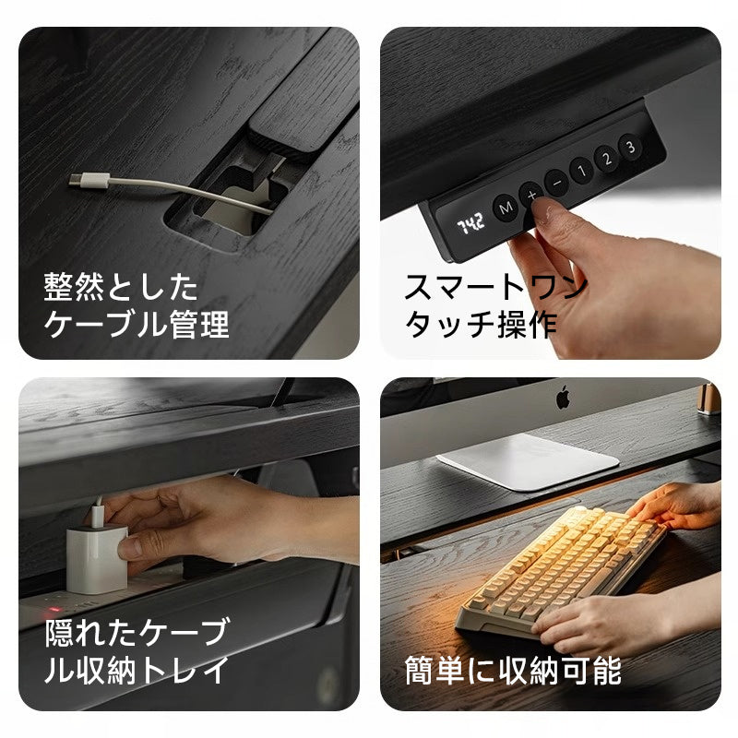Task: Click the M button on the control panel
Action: [x=506, y=208]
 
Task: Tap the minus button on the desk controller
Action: [x=557, y=183]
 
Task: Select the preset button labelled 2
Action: [x=606, y=158]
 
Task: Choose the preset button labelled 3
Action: [x=630, y=147]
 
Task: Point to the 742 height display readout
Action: [x=470, y=223]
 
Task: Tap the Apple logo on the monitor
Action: [x=563, y=398]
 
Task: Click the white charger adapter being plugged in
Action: [x=97, y=559]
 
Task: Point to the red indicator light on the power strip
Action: [x=53, y=610]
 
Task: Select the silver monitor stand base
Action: [x=527, y=461]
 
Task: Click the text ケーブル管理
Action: [x=137, y=325]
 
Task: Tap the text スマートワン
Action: [x=496, y=287]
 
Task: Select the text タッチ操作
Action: [x=481, y=325]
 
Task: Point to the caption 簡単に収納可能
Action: [x=513, y=671]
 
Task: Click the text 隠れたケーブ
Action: [x=137, y=632]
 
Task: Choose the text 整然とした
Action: [x=121, y=287]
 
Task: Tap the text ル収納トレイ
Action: [x=137, y=671]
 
